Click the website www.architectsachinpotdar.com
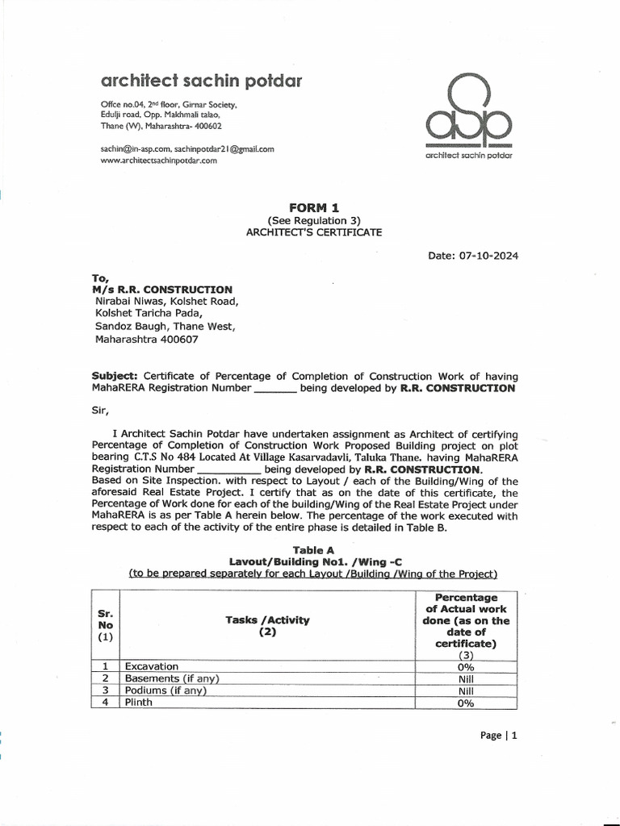tap(159, 161)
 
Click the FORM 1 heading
tap(314, 207)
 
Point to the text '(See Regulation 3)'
tap(314, 220)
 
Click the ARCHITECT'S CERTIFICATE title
tap(314, 232)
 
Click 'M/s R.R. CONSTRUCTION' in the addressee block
tap(162, 290)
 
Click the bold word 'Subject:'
tap(115, 377)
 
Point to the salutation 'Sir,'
tap(99, 409)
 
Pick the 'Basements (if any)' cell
tap(172, 678)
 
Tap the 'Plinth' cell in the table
tap(139, 703)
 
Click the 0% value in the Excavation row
tap(466, 666)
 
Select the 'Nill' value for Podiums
tap(466, 690)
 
